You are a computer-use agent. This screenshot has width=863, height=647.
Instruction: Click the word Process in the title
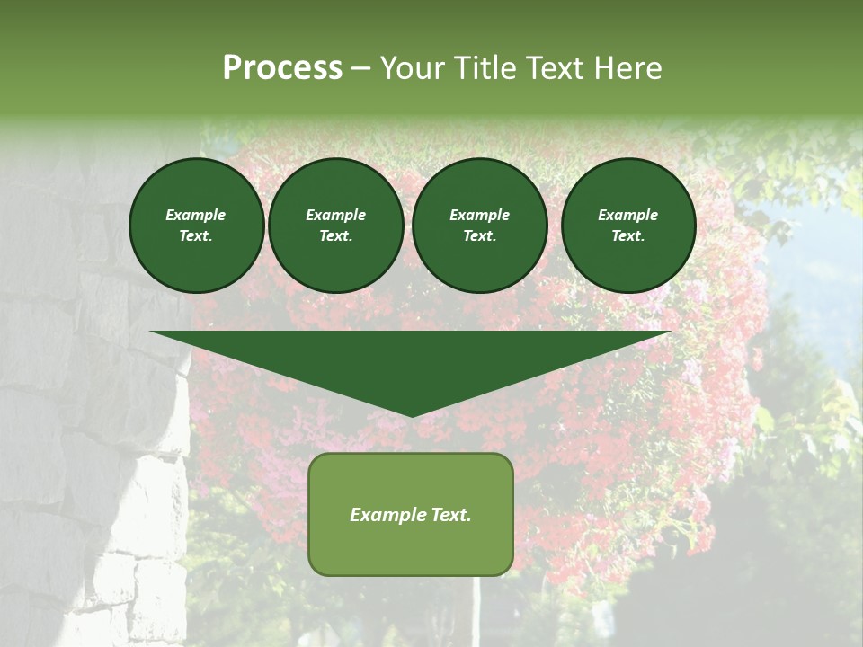pos(282,68)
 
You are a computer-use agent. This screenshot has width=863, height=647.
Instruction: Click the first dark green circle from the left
pos(196,225)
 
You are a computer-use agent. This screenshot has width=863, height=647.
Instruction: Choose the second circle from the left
pos(335,225)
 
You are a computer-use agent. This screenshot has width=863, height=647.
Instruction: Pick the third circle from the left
pos(479,225)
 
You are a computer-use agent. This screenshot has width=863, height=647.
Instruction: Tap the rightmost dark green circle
pos(627,225)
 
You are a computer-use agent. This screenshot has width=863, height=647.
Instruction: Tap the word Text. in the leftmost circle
pos(196,236)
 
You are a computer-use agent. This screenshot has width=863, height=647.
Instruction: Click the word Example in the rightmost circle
pos(627,215)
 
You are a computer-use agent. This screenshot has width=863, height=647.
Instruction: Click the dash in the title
pos(360,68)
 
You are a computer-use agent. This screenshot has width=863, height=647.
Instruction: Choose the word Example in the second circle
pos(335,215)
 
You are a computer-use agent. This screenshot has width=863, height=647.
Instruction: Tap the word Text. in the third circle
pos(479,236)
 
